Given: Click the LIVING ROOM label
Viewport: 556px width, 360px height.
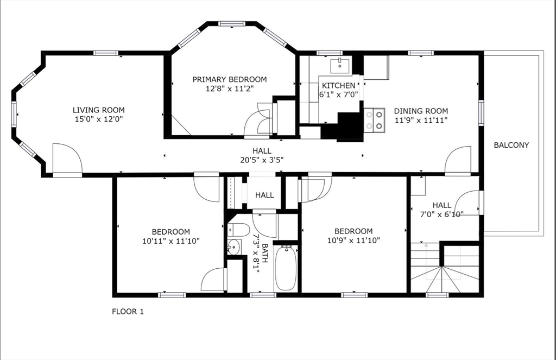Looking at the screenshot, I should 99,109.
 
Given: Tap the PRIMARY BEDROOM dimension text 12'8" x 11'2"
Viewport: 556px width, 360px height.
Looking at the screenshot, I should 230,88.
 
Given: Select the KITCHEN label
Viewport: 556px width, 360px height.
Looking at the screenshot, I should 338,86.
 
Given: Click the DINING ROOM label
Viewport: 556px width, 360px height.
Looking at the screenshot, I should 421,111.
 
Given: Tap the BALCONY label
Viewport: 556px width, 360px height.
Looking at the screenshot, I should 511,145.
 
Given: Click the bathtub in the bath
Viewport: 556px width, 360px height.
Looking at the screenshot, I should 286,268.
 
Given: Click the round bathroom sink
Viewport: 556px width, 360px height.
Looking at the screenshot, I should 233,247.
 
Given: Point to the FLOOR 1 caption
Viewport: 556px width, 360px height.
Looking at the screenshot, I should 128,312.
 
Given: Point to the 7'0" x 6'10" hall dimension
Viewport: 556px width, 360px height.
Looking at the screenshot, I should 441,214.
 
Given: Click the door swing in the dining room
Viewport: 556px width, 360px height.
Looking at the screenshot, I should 457,160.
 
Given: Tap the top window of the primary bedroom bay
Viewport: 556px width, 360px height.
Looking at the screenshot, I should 233,23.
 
